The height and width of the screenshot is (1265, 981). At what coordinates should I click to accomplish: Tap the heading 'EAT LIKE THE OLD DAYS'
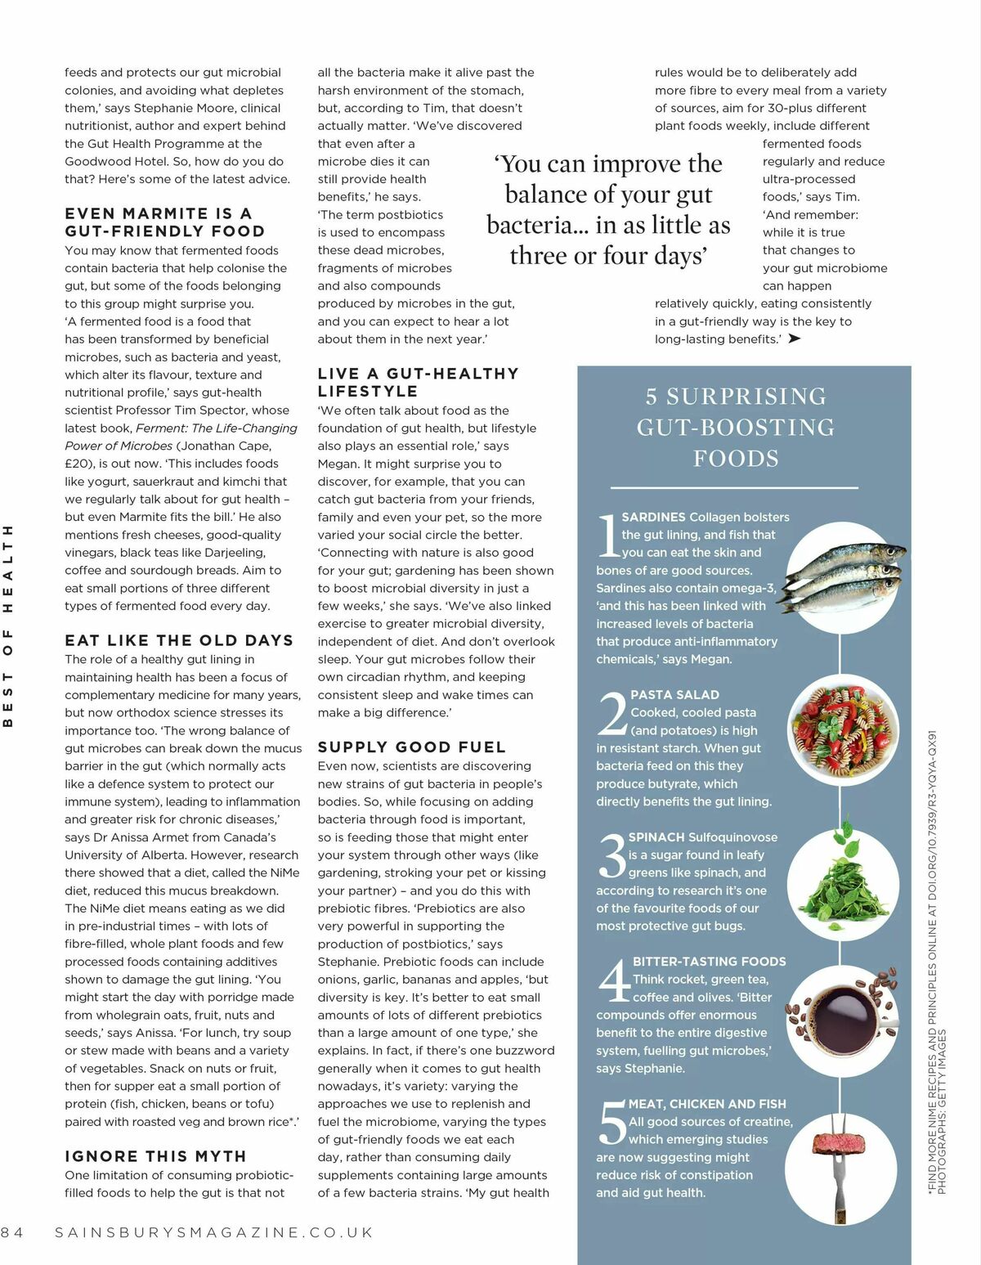[x=178, y=640]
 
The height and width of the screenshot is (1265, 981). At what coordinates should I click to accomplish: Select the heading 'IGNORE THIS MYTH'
[x=155, y=1156]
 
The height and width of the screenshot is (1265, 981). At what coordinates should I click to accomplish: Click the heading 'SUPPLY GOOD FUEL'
[x=411, y=747]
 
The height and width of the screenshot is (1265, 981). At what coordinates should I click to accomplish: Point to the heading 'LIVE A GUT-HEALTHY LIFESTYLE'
[x=418, y=382]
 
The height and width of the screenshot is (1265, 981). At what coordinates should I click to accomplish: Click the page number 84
[x=12, y=1232]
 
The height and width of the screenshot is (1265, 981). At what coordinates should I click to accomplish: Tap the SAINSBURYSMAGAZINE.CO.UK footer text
[x=213, y=1232]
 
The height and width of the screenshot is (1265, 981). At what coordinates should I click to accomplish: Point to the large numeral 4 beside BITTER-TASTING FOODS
[x=613, y=981]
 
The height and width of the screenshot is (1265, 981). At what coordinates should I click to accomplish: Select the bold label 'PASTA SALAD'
[x=674, y=695]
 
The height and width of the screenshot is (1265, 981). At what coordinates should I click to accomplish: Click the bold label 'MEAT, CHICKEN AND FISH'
[x=707, y=1104]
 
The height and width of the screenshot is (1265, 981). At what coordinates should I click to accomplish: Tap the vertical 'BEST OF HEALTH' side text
[x=9, y=626]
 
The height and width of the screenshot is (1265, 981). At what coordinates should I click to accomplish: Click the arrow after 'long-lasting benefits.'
[x=794, y=339]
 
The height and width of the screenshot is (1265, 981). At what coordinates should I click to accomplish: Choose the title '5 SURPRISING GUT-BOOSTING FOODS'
[x=736, y=428]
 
